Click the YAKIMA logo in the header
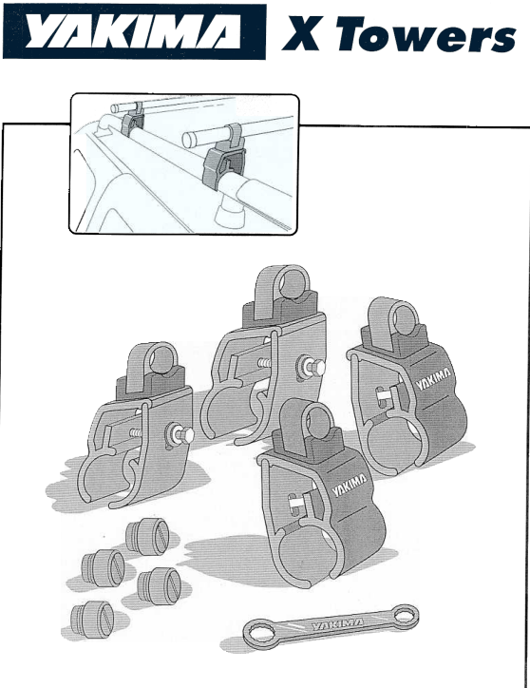pyautogui.click(x=134, y=31)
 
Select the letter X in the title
pyautogui.click(x=301, y=33)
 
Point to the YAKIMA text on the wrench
pyautogui.click(x=337, y=623)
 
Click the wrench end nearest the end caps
pyautogui.click(x=257, y=633)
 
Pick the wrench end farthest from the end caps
pyautogui.click(x=405, y=615)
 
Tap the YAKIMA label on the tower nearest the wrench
pyautogui.click(x=350, y=485)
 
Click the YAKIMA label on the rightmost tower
pyautogui.click(x=433, y=378)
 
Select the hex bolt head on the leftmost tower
pyautogui.click(x=182, y=435)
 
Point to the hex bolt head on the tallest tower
pyautogui.click(x=314, y=368)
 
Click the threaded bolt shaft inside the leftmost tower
pyautogui.click(x=136, y=433)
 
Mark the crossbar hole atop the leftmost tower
pyautogui.click(x=162, y=359)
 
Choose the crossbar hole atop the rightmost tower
pyautogui.click(x=404, y=321)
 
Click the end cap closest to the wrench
pyautogui.click(x=160, y=586)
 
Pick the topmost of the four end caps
pyautogui.click(x=147, y=536)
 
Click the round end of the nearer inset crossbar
pyautogui.click(x=189, y=140)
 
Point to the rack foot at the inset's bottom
pyautogui.click(x=231, y=212)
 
